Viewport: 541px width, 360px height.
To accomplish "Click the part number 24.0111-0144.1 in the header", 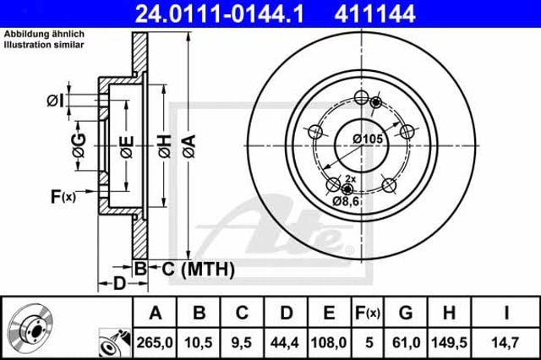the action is pos(220,14).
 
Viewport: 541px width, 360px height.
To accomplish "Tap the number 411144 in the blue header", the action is pos(374,14).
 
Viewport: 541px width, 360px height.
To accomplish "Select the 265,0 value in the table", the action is pos(155,342).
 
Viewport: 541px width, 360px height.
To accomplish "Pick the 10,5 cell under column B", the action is pos(199,342).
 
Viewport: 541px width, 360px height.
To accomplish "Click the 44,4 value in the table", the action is pos(285,342).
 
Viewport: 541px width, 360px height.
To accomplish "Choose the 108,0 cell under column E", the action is pos(329,342).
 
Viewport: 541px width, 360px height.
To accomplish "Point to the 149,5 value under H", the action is pos(449,342).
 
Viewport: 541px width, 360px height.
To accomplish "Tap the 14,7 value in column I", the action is pos(505,342).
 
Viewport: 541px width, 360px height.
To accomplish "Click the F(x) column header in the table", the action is pos(368,314).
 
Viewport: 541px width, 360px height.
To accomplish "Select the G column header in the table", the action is pos(406,314).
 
